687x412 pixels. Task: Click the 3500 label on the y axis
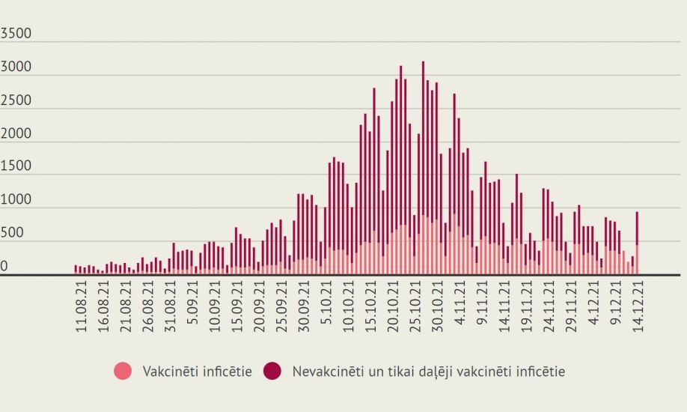pyautogui.click(x=16, y=34)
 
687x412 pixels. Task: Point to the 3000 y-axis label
pyautogui.click(x=16, y=67)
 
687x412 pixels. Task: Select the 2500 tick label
pyautogui.click(x=16, y=100)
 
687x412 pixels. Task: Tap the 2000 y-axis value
pyautogui.click(x=16, y=133)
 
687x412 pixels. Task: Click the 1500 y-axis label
pyautogui.click(x=16, y=166)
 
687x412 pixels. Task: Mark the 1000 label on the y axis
pyautogui.click(x=16, y=199)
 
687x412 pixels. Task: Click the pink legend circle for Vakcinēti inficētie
pyautogui.click(x=123, y=370)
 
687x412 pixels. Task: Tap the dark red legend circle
pyautogui.click(x=272, y=370)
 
